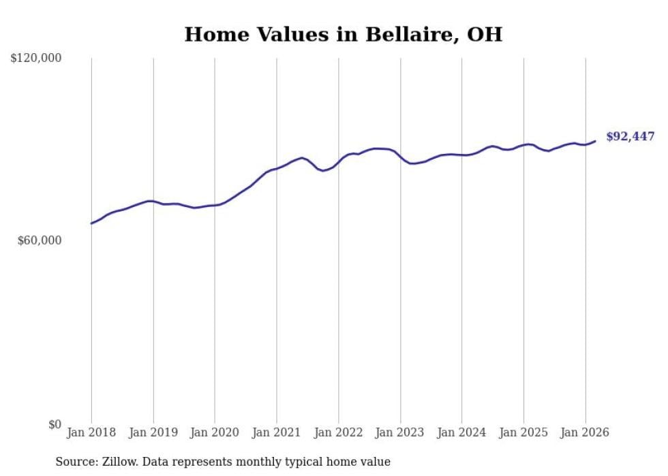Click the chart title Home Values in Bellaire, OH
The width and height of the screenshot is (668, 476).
tap(343, 34)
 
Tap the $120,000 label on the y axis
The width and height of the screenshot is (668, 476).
tap(36, 59)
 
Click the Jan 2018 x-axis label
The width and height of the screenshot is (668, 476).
tap(91, 432)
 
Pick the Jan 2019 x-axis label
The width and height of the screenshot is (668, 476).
tap(153, 432)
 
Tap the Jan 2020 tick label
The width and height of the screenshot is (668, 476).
tap(215, 432)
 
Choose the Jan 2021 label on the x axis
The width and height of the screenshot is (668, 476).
tap(277, 432)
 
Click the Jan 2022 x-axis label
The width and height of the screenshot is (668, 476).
tap(339, 432)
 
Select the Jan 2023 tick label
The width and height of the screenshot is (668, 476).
tap(400, 432)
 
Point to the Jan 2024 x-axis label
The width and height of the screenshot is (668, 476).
tap(462, 432)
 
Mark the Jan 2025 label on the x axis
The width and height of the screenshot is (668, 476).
tap(523, 432)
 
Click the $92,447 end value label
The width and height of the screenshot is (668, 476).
tap(630, 137)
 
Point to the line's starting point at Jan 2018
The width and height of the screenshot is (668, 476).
tap(91, 223)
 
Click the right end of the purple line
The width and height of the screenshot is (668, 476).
tap(595, 141)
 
